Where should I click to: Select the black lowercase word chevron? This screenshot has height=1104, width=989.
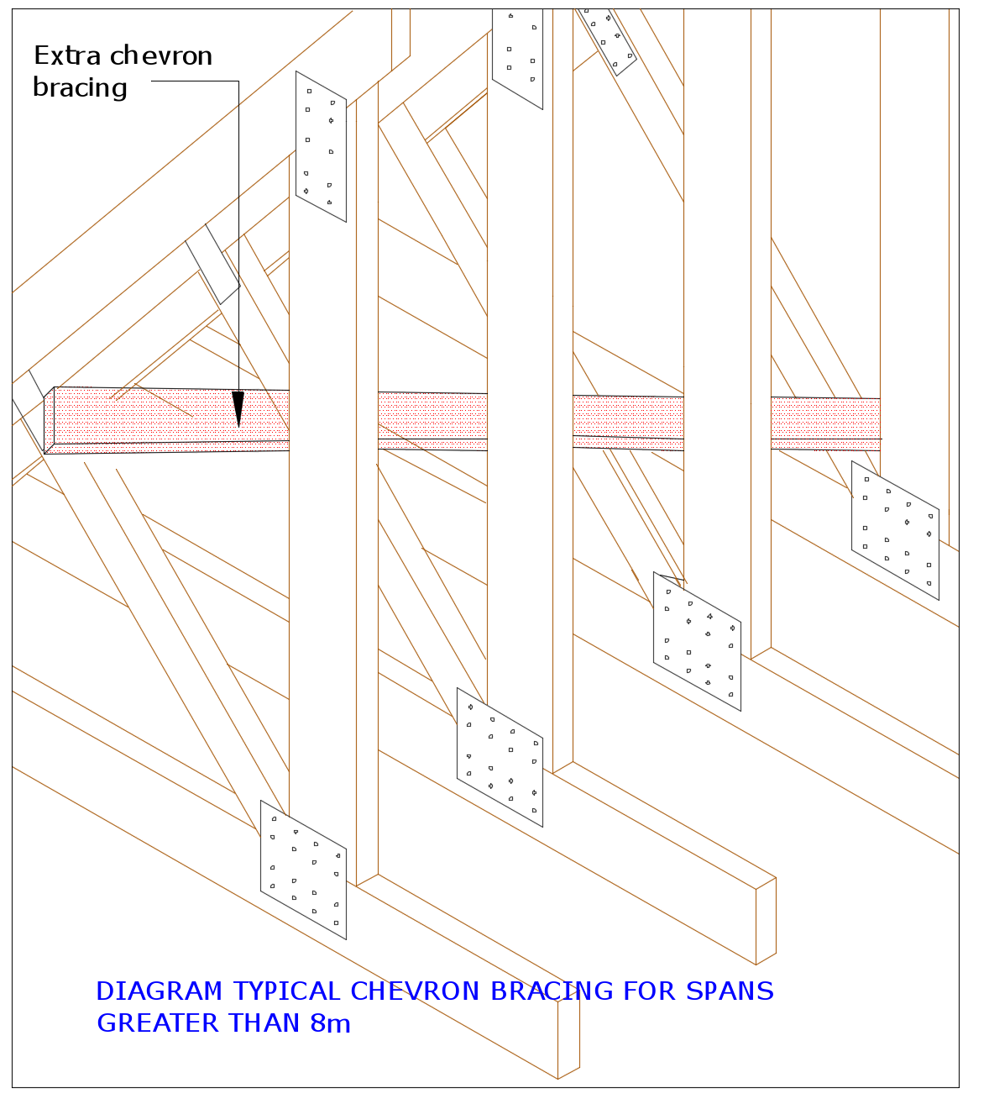[160, 56]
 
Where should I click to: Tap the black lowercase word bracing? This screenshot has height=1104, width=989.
[80, 88]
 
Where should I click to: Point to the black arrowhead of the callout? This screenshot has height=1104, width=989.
[238, 408]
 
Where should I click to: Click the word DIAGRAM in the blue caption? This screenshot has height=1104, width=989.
[160, 991]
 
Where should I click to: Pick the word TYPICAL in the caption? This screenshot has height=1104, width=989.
[286, 991]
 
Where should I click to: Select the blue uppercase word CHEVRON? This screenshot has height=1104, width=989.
[416, 991]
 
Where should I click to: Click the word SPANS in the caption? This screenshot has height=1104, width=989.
[730, 991]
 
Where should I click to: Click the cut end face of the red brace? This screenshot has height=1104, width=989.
[49, 420]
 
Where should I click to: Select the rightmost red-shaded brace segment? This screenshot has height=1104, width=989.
[824, 423]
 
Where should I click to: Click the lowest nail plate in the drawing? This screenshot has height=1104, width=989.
[303, 870]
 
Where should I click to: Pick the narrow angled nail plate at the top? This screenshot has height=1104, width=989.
[608, 38]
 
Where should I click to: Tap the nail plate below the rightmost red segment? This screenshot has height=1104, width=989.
[895, 530]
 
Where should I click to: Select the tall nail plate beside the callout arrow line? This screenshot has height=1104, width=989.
[321, 146]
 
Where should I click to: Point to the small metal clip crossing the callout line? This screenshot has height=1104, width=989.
[212, 264]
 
